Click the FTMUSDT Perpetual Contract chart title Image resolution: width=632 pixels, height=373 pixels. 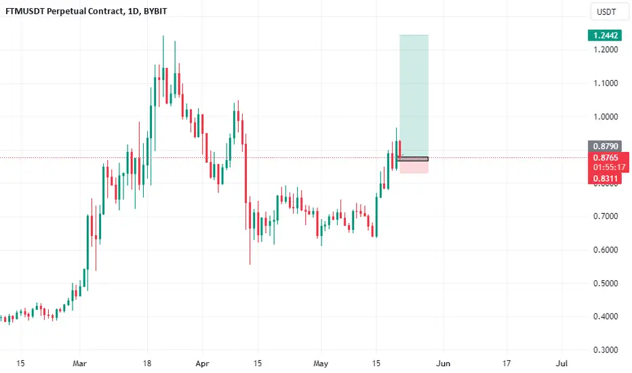coord(86,12)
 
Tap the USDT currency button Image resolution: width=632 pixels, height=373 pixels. coord(606,12)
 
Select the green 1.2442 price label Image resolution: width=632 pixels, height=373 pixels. coord(606,35)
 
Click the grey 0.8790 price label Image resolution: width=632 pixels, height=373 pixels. coord(606,146)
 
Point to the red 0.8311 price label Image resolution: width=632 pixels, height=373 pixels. coord(606,178)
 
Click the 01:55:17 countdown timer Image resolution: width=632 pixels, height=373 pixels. coord(609,168)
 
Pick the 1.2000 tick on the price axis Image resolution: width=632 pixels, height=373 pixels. coord(606,50)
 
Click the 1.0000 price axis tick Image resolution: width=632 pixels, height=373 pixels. coord(606,117)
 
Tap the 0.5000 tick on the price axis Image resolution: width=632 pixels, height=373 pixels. coord(606,283)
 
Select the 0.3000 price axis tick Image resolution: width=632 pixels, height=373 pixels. coord(606,350)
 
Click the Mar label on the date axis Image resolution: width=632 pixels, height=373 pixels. coord(79,364)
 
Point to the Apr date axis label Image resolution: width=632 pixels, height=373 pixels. coord(202,364)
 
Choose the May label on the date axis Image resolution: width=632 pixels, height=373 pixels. coord(321,364)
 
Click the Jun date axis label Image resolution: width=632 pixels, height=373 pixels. coord(443,364)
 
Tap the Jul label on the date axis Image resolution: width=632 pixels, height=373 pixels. coord(561,364)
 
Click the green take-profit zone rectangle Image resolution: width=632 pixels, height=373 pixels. coord(414,96)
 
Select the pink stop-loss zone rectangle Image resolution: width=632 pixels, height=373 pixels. coord(414,167)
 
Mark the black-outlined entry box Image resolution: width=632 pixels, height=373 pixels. coord(413,159)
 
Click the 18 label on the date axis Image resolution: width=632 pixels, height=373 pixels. coord(147,364)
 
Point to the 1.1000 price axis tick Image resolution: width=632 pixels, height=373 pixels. coord(606,83)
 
